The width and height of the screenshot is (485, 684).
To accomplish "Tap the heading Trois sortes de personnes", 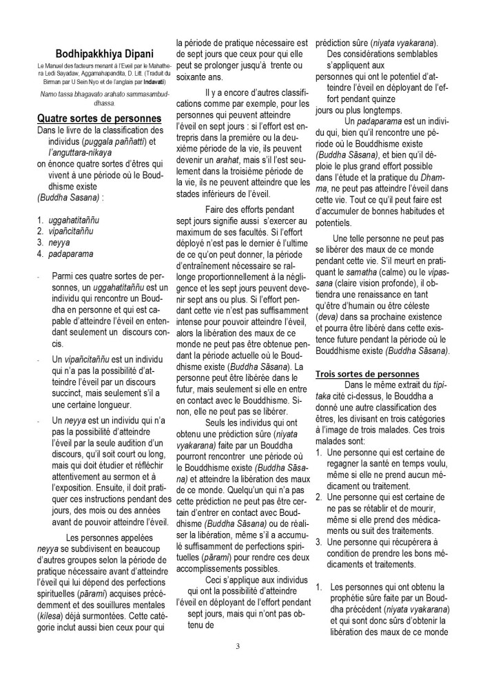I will coord(373,373).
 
